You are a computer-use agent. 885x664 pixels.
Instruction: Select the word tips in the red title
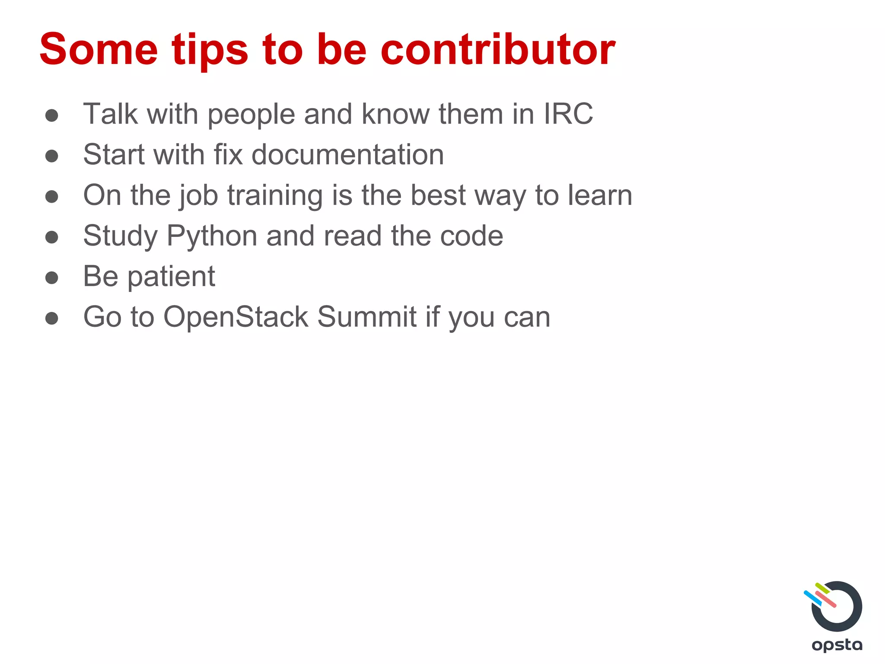210,51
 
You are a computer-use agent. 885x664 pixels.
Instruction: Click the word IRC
568,114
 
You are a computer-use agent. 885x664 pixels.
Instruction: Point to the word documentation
347,155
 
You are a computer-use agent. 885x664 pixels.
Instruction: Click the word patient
171,277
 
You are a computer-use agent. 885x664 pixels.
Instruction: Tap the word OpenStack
236,318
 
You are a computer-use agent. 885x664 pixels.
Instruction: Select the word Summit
367,317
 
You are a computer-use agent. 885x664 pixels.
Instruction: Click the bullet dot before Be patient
52,278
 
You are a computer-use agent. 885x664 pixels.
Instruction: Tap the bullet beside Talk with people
52,115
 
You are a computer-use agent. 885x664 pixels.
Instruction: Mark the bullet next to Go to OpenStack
52,318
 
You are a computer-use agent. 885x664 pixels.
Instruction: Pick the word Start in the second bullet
114,155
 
